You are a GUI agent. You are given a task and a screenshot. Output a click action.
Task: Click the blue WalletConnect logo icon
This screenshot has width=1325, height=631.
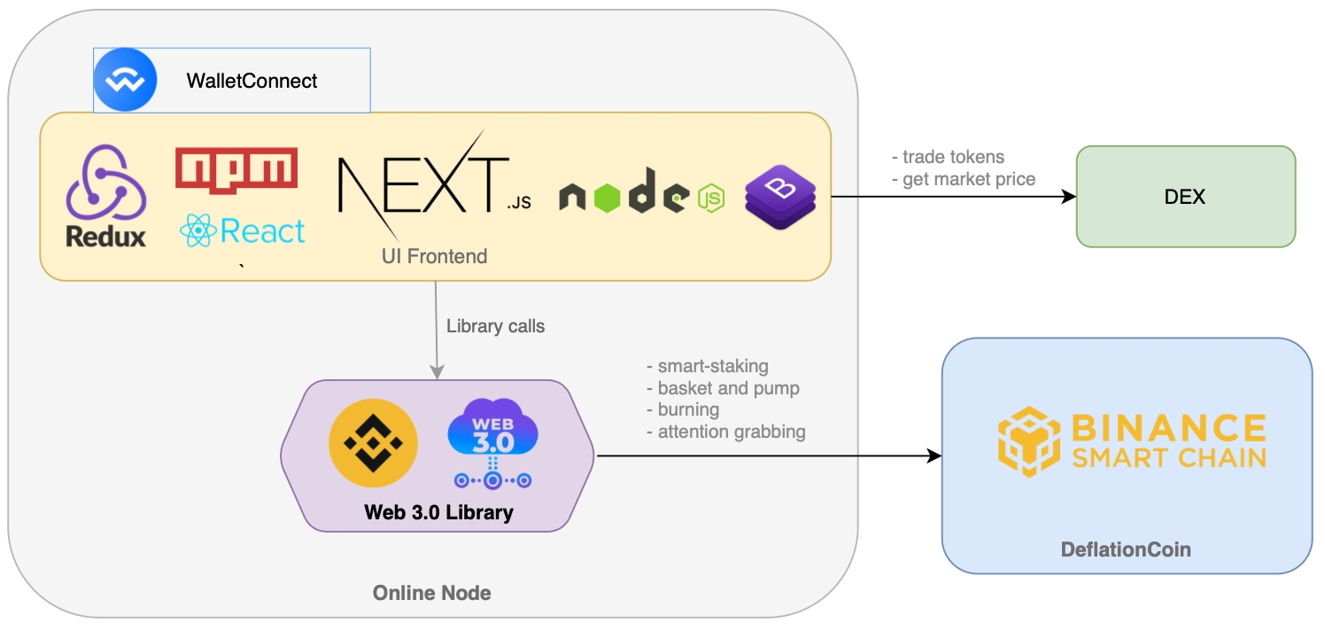click(125, 81)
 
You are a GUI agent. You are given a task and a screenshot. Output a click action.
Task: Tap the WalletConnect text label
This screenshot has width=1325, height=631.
click(252, 82)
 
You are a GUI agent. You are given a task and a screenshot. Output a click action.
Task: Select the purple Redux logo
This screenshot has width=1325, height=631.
click(105, 197)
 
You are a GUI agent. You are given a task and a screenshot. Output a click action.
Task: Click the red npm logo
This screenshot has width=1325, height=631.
click(236, 168)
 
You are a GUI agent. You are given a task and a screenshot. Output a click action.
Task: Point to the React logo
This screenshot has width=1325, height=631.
click(242, 230)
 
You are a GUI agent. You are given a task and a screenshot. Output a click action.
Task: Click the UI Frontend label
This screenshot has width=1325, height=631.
click(434, 257)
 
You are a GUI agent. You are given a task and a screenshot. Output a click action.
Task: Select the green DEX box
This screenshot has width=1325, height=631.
click(1185, 197)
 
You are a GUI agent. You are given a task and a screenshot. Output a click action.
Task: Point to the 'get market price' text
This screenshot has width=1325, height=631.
click(968, 180)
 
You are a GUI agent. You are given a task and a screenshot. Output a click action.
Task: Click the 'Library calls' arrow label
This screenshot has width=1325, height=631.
click(495, 326)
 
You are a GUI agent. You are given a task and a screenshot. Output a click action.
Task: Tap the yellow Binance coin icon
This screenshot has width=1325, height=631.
click(373, 443)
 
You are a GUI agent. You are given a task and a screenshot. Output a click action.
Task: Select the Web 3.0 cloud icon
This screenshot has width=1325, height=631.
click(492, 443)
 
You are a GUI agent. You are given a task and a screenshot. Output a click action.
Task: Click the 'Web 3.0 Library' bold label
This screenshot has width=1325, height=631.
click(438, 512)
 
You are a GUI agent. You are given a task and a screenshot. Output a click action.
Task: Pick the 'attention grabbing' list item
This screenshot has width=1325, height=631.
click(731, 432)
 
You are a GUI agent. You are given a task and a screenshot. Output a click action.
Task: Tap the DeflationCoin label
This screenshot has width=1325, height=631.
click(1126, 549)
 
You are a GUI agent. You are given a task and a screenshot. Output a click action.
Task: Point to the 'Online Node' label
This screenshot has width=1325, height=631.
click(431, 593)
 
